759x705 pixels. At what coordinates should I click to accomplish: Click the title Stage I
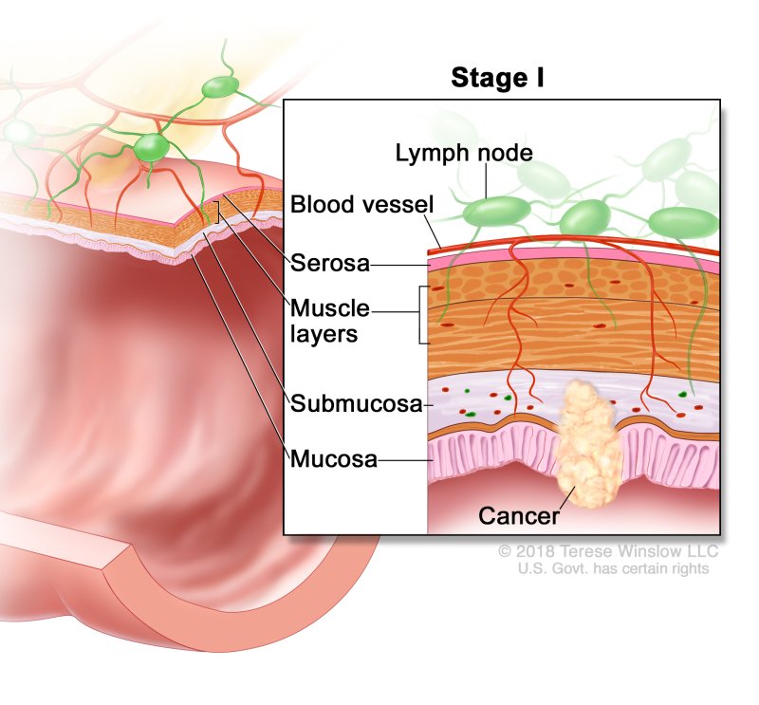(497, 79)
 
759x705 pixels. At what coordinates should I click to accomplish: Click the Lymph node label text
(451, 152)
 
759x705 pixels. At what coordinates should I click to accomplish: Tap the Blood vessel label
(361, 204)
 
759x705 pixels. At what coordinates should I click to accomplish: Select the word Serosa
(330, 263)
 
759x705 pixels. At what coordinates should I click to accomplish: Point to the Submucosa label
(356, 404)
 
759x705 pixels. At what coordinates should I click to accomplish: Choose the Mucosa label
(334, 460)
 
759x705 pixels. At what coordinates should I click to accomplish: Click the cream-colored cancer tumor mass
(591, 446)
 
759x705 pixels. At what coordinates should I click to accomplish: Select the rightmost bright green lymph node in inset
(684, 222)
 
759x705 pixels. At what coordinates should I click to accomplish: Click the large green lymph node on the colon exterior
(151, 148)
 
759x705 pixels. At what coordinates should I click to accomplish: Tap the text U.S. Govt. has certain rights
(613, 568)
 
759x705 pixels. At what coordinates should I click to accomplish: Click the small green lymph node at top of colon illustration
(219, 88)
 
